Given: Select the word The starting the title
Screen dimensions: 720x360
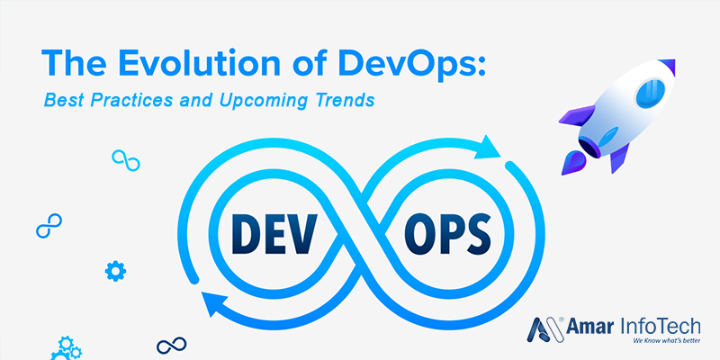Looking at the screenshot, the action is tap(75, 63).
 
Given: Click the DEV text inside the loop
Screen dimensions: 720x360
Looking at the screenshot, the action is tap(273, 233).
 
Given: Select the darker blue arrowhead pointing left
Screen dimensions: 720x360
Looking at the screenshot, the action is tap(216, 302).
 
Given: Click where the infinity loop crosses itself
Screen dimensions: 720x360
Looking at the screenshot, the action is tap(363, 233).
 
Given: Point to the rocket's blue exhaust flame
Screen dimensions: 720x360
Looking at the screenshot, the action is tap(572, 163).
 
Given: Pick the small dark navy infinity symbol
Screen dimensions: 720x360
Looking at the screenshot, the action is tap(171, 345).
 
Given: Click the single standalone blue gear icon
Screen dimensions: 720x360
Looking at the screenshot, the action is tap(115, 271).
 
